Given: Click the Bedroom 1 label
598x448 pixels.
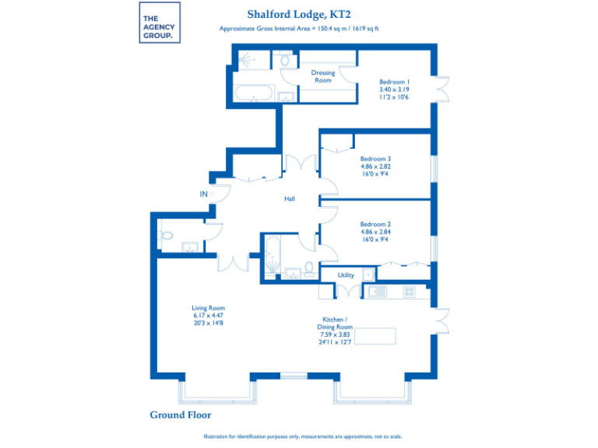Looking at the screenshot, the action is (x=394, y=82).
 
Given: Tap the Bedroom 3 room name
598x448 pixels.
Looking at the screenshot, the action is (x=375, y=159).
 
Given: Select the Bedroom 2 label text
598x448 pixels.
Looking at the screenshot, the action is (x=375, y=224).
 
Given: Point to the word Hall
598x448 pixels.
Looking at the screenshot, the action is (x=289, y=199).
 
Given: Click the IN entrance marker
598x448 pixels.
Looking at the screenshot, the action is (x=204, y=194).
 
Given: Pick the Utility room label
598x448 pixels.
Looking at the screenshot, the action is (x=346, y=275).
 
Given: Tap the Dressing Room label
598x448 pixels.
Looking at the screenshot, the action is (x=322, y=76).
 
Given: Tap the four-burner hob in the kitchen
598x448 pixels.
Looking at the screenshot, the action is (x=409, y=291).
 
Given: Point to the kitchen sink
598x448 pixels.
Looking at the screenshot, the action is (x=378, y=291).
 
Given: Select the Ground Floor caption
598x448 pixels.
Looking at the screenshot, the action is (x=180, y=415).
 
